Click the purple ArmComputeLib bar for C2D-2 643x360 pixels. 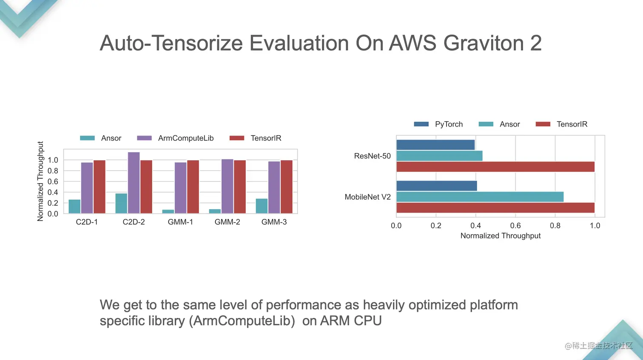pyautogui.click(x=134, y=183)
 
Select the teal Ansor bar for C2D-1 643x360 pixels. pyautogui.click(x=74, y=207)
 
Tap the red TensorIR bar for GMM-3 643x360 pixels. pyautogui.click(x=286, y=187)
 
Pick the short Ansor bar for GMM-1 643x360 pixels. pyautogui.click(x=168, y=211)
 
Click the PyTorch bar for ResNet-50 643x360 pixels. pyautogui.click(x=435, y=145)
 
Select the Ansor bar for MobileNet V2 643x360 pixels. pyautogui.click(x=480, y=197)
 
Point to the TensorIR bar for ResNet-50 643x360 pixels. pyautogui.click(x=495, y=167)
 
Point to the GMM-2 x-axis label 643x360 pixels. pyautogui.click(x=227, y=222)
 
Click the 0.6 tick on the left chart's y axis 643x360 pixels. pyautogui.click(x=53, y=181)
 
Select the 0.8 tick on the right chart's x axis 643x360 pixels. pyautogui.click(x=555, y=226)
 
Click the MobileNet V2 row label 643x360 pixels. pyautogui.click(x=367, y=197)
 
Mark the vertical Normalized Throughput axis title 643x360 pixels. pyautogui.click(x=40, y=181)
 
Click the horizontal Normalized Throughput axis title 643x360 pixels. pyautogui.click(x=500, y=236)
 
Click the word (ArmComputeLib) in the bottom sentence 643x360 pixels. pyautogui.click(x=243, y=321)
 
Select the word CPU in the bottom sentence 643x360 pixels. pyautogui.click(x=367, y=321)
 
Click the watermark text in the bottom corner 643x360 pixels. pyautogui.click(x=598, y=346)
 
